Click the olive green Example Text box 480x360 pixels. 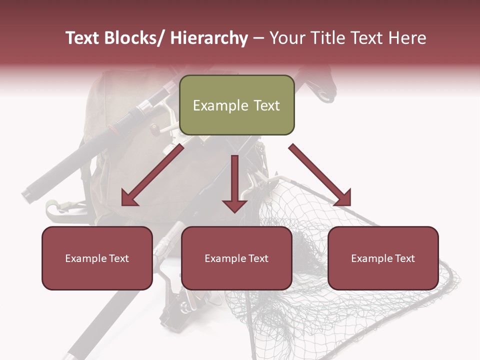(x=236, y=105)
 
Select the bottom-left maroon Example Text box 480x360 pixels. (x=97, y=258)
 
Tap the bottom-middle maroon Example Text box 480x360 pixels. (x=236, y=258)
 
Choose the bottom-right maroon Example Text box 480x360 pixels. (x=383, y=258)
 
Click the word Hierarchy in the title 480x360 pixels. (x=209, y=38)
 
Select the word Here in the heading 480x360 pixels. (x=407, y=38)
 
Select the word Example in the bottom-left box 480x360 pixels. (x=85, y=258)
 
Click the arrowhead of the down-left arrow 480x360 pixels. (x=129, y=198)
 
